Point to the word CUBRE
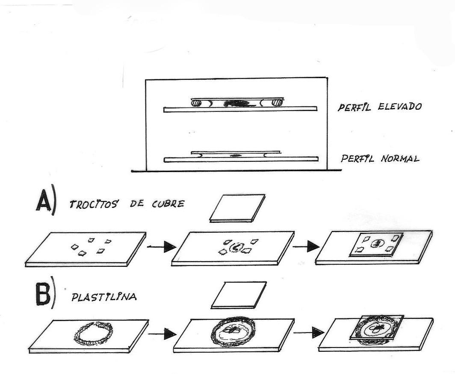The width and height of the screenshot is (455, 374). click(167, 203)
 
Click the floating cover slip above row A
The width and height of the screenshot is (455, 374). click(237, 208)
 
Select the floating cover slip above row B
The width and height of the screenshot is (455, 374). click(239, 295)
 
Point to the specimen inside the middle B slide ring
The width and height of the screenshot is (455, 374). click(233, 329)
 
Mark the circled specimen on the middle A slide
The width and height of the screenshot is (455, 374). click(236, 247)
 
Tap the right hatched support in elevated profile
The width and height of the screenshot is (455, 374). click(277, 103)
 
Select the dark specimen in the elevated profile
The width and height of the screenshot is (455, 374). click(235, 103)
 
